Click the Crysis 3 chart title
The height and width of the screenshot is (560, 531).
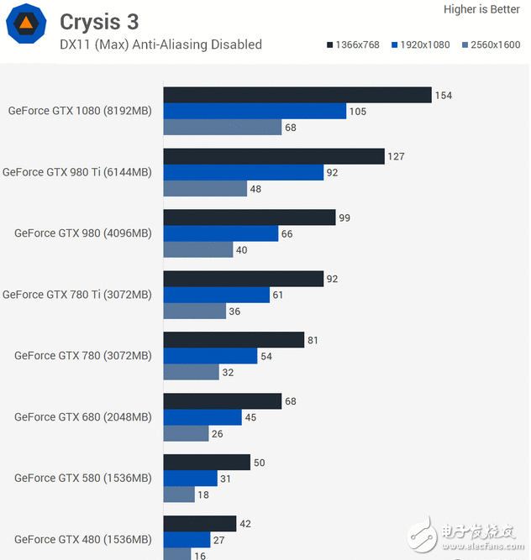pyautogui.click(x=99, y=20)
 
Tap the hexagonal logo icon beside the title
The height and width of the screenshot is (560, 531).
pyautogui.click(x=26, y=24)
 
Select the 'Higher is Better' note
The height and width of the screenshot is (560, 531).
pyautogui.click(x=481, y=9)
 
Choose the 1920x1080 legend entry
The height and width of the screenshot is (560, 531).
pyautogui.click(x=421, y=44)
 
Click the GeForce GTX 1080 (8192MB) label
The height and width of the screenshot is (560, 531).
pyautogui.click(x=80, y=111)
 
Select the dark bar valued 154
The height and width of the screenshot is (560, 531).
pyautogui.click(x=297, y=95)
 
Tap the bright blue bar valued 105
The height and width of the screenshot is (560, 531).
pyautogui.click(x=254, y=111)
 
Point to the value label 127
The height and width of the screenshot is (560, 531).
pyautogui.click(x=396, y=156)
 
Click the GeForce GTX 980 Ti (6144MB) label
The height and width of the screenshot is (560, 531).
pyautogui.click(x=77, y=172)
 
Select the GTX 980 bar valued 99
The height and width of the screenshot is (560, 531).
pyautogui.click(x=249, y=217)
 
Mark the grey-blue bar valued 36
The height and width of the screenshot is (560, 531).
pyautogui.click(x=194, y=311)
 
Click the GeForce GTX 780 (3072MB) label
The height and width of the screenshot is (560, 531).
pyautogui.click(x=83, y=355)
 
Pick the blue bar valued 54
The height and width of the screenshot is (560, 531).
pyautogui.click(x=210, y=355)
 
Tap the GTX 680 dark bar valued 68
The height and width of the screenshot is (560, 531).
pyautogui.click(x=222, y=400)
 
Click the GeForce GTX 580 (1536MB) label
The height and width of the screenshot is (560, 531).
pyautogui.click(x=83, y=478)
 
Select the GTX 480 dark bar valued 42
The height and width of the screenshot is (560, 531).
pyautogui.click(x=199, y=523)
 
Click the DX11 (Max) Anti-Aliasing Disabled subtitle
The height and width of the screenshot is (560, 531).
pyautogui.click(x=160, y=44)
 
